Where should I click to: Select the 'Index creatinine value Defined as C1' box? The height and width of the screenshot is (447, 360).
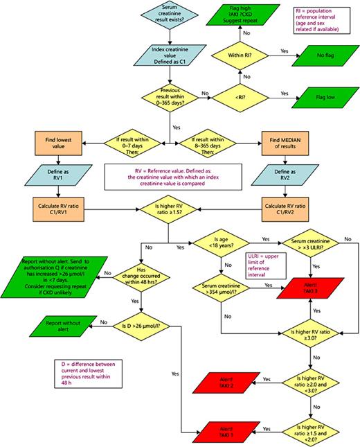click(x=169, y=54)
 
